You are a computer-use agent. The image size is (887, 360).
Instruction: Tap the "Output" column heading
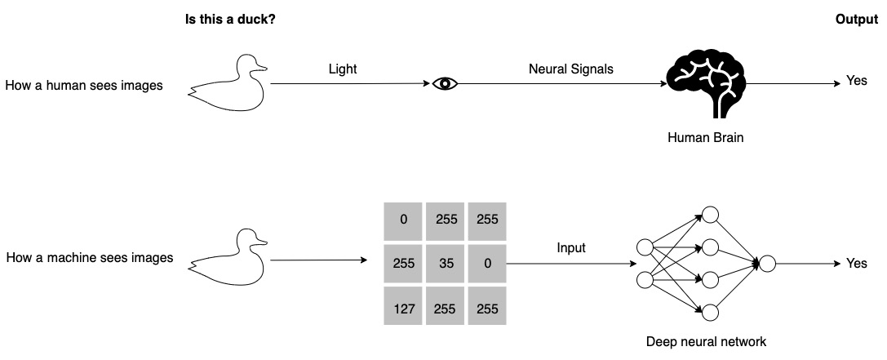[x=856, y=19]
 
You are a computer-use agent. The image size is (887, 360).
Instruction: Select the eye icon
[x=446, y=83]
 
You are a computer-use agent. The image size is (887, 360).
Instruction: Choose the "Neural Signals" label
[x=570, y=70]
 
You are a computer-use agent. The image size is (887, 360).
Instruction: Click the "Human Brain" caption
[x=705, y=138]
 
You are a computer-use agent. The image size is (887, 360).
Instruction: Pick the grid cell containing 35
[x=445, y=264]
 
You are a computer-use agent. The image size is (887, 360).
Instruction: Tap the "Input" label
[x=571, y=247]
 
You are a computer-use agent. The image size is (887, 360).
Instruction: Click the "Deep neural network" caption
[x=706, y=342]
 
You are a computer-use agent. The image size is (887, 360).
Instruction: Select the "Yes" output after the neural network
[x=857, y=264]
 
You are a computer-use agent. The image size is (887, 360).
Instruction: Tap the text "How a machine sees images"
[x=90, y=258]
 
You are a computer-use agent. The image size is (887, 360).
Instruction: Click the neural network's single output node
[x=768, y=263]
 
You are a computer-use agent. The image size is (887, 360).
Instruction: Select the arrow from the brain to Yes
[x=792, y=83]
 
